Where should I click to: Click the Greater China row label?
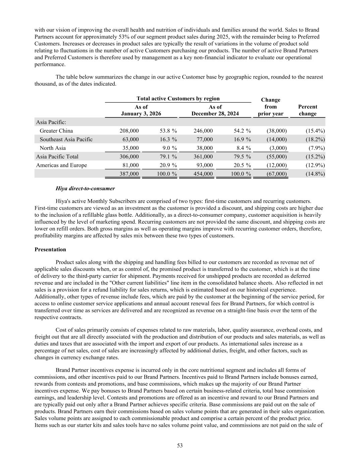(x=56, y=131)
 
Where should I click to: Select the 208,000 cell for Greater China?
(x=129, y=131)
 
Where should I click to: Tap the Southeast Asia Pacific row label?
(x=66, y=139)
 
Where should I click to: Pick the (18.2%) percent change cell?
(x=315, y=139)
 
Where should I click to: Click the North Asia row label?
(x=53, y=148)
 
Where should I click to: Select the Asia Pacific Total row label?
(x=57, y=157)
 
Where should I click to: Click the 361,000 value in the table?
(x=203, y=157)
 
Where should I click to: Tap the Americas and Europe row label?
(x=61, y=165)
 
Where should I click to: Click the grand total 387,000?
(x=129, y=174)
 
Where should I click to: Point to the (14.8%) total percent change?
(x=315, y=174)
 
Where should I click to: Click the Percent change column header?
(x=307, y=110)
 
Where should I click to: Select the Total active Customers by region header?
(x=178, y=99)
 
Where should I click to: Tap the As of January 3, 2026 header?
(x=141, y=110)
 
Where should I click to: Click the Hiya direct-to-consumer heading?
(x=85, y=189)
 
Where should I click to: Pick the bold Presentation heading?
(x=50, y=250)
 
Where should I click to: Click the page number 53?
(x=180, y=446)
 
